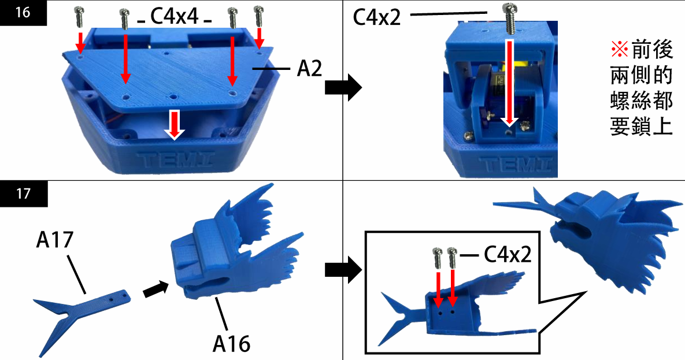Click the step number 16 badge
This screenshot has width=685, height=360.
(x=23, y=12)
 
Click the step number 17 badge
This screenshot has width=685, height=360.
(x=23, y=194)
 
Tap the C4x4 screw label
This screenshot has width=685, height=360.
(x=175, y=17)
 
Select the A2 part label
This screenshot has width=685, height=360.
(x=309, y=69)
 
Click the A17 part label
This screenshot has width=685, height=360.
(x=55, y=240)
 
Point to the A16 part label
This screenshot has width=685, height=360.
(x=231, y=343)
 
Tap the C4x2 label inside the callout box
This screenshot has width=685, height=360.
(x=506, y=254)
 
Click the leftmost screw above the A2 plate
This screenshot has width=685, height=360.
(x=79, y=17)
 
